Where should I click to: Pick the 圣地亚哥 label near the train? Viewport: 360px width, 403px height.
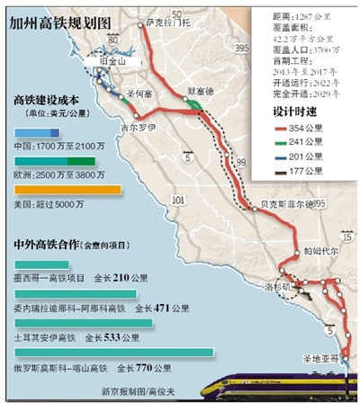319,358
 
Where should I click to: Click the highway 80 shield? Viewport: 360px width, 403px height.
111,40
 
